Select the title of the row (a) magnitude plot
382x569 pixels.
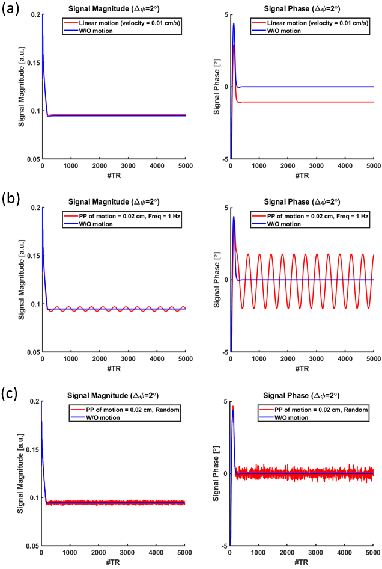(x=114, y=7)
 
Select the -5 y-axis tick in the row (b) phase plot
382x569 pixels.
(x=224, y=352)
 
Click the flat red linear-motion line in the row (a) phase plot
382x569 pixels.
(x=300, y=102)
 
